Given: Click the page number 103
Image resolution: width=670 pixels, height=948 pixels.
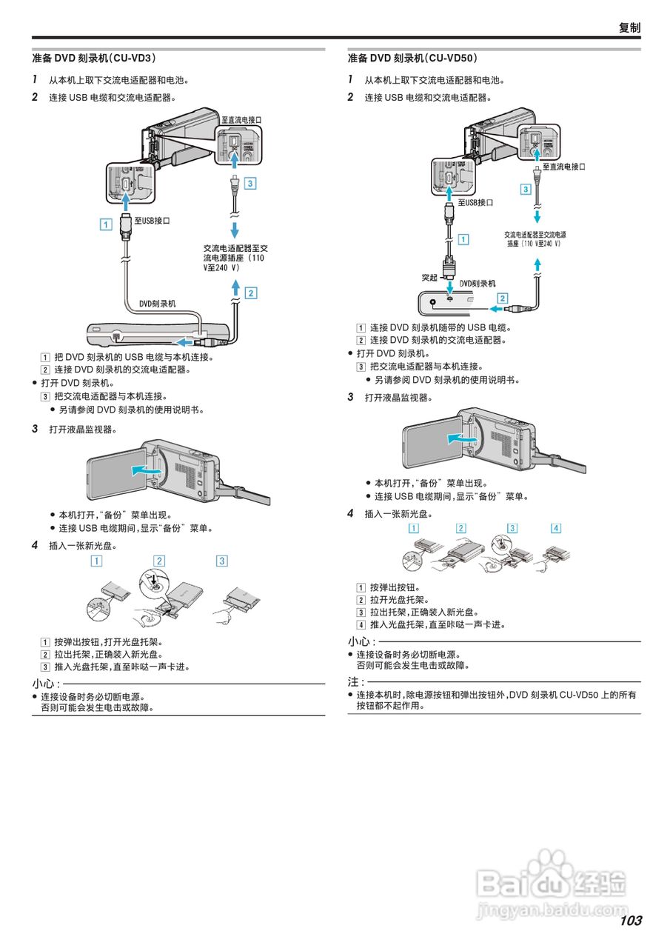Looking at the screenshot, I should click(x=630, y=921).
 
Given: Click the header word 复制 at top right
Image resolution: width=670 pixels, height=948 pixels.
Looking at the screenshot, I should click(x=629, y=27).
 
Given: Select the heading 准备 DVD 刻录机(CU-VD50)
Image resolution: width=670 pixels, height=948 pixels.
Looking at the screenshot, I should click(x=412, y=58).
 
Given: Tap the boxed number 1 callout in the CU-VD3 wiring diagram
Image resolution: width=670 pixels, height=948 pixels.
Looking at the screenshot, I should click(x=107, y=222).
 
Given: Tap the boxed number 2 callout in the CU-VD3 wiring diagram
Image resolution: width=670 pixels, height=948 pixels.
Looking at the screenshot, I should click(x=251, y=293).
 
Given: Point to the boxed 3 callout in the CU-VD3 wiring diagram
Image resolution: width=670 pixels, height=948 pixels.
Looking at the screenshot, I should click(x=250, y=183).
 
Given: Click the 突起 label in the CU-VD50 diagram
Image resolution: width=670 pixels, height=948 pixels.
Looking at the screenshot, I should click(x=429, y=278).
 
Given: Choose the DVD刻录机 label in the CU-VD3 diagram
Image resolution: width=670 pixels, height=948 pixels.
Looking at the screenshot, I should click(x=158, y=304).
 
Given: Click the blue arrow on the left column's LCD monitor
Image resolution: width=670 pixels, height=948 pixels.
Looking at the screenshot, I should click(x=145, y=470).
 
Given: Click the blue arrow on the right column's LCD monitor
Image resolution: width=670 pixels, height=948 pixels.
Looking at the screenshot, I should click(x=458, y=438).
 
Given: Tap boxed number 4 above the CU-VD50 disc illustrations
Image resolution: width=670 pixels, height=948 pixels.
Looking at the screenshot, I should click(x=556, y=528).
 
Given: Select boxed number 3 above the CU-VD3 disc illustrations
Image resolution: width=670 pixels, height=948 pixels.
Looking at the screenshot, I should click(x=221, y=561).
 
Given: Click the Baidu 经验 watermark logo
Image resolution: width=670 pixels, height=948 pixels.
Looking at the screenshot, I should click(x=552, y=881).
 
